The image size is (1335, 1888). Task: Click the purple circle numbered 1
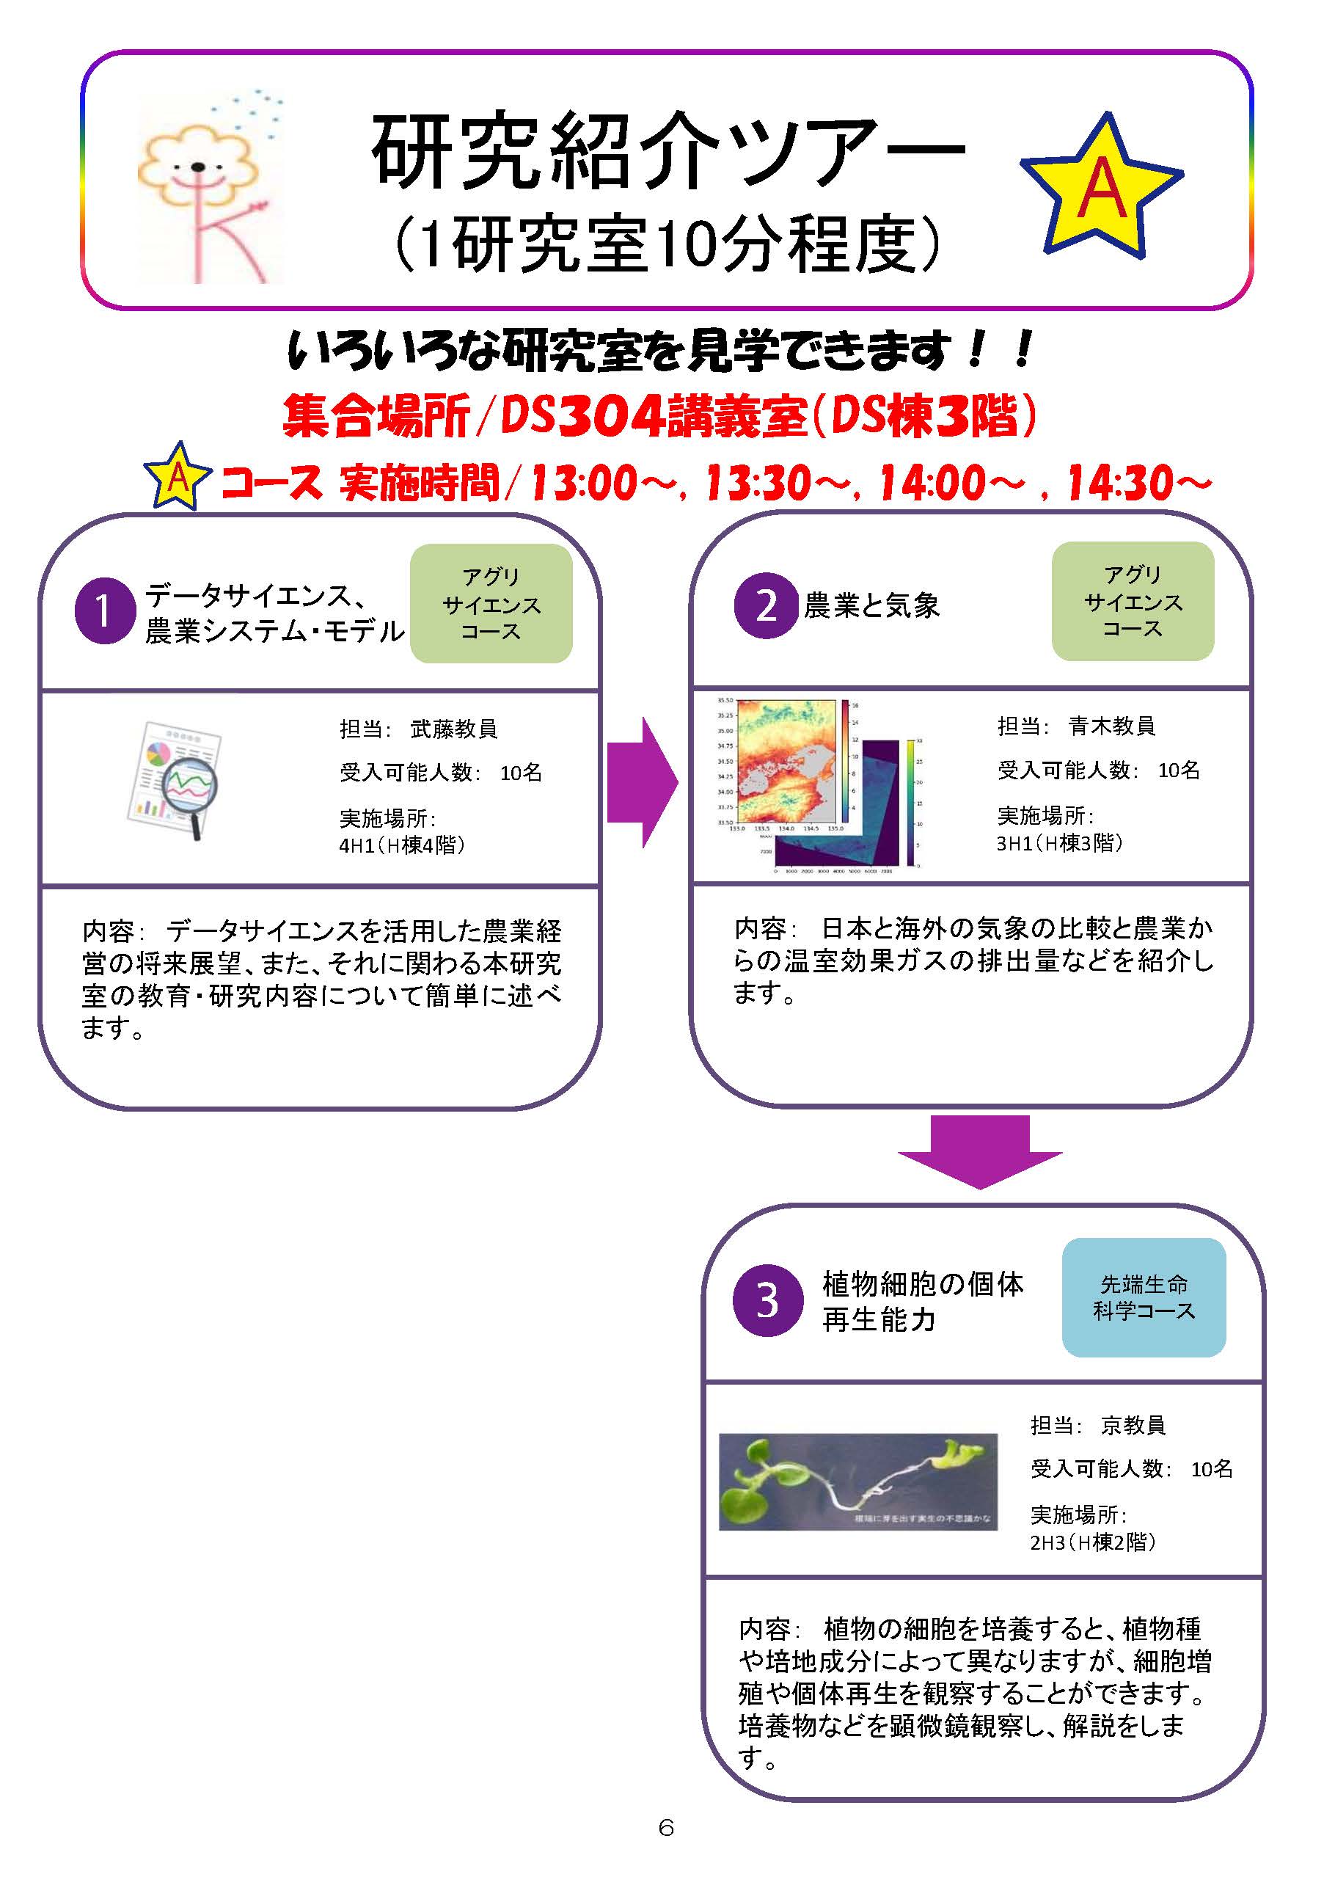click(x=104, y=610)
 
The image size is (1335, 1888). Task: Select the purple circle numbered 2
click(x=765, y=606)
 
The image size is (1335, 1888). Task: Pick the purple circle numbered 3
click(x=767, y=1300)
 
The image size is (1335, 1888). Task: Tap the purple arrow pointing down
click(x=979, y=1151)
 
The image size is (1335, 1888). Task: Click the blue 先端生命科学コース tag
click(x=1144, y=1297)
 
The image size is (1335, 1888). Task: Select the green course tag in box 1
click(x=491, y=604)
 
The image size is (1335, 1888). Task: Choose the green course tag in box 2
click(x=1132, y=601)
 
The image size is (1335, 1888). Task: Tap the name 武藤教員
click(x=454, y=729)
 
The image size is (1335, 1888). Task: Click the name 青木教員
click(x=1111, y=726)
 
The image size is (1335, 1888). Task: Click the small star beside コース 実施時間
click(x=178, y=477)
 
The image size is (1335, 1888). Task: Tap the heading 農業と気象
click(x=871, y=606)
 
